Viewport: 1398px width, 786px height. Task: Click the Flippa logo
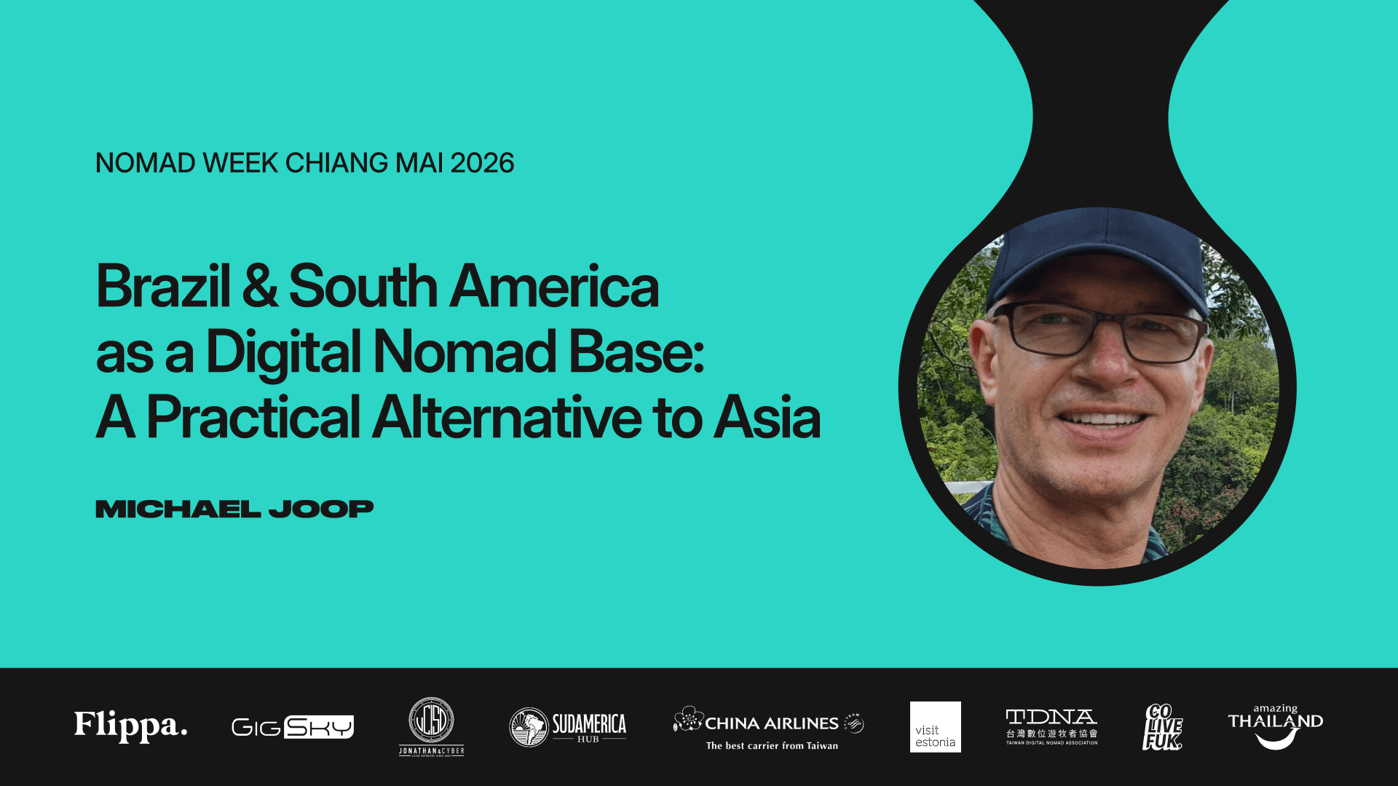coord(131,726)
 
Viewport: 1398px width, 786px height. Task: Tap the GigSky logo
coord(292,726)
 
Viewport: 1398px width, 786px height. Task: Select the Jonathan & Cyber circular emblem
coord(431,720)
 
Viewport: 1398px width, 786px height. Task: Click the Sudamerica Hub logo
coord(567,727)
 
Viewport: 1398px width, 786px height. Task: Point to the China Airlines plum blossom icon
coord(688,719)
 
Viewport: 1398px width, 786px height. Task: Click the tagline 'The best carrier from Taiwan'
coord(772,746)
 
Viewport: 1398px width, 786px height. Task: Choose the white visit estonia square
coord(935,726)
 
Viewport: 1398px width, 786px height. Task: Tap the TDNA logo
coord(1051,726)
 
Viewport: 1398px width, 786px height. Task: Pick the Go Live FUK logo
coord(1162,726)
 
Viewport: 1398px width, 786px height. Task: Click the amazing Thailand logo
coord(1275,726)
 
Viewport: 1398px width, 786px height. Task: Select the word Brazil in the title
coord(163,286)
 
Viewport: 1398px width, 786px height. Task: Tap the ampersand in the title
coord(259,286)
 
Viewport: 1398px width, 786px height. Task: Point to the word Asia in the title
coord(767,418)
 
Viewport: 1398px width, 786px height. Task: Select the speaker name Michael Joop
coord(234,509)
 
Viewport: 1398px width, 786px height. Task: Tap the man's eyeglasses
coord(1099,332)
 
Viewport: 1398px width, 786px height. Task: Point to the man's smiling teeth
coord(1101,419)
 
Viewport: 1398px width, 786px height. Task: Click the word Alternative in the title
coord(507,418)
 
